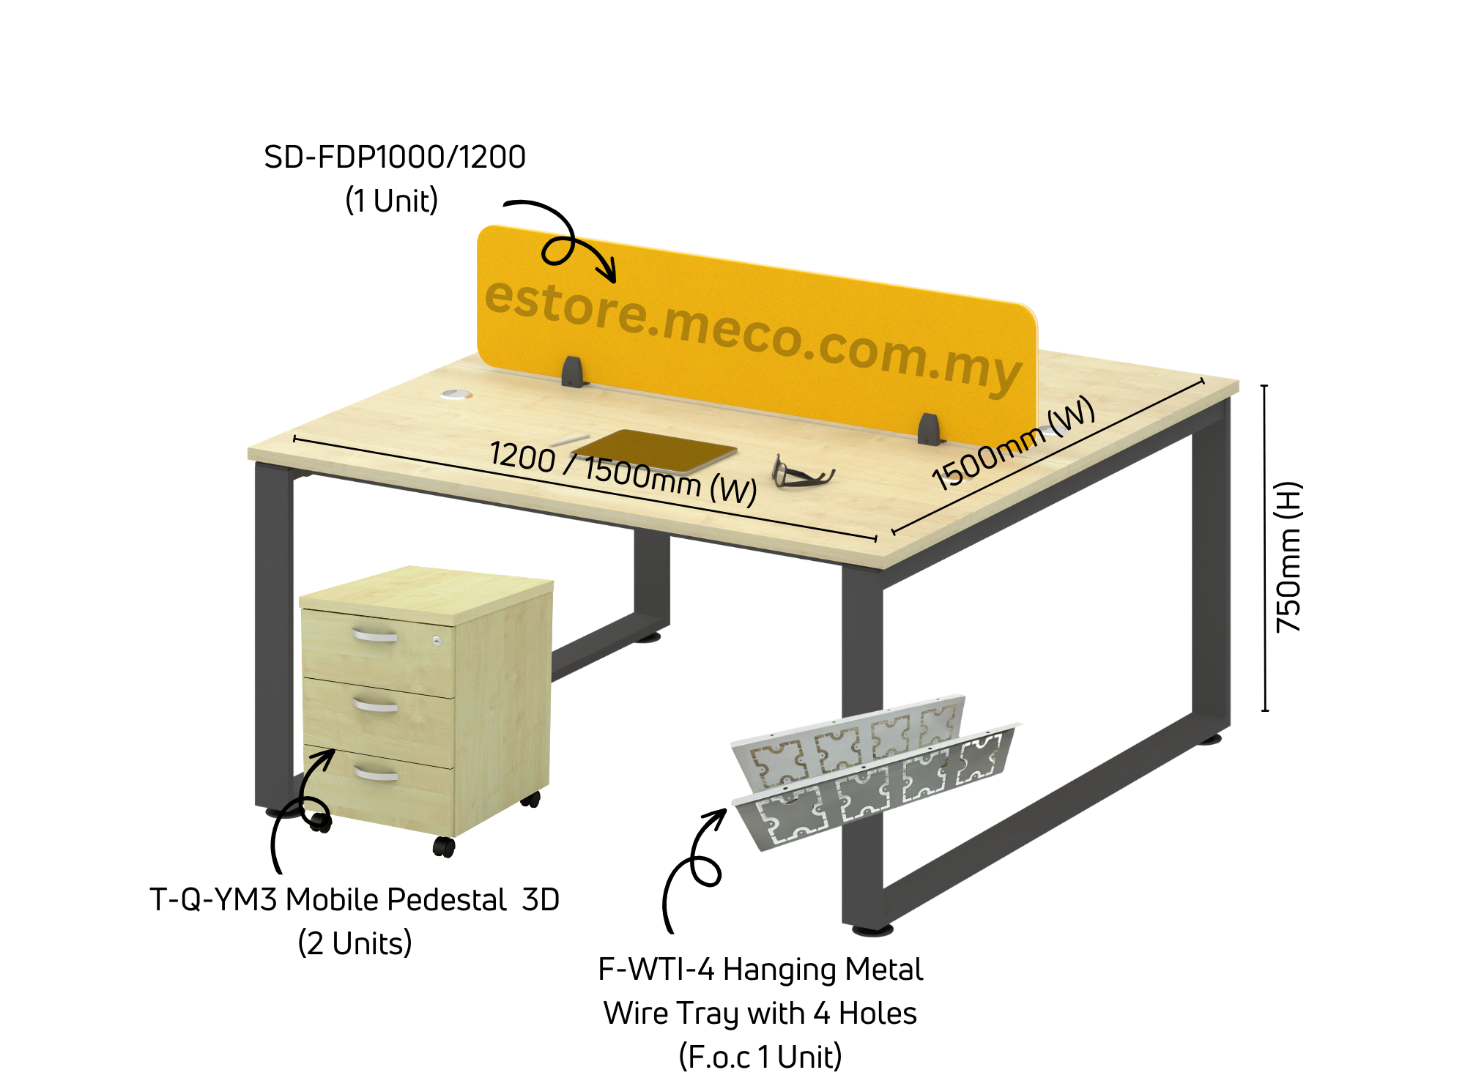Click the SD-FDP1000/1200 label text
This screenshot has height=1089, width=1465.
pyautogui.click(x=395, y=157)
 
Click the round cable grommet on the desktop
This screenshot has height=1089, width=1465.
pyautogui.click(x=456, y=395)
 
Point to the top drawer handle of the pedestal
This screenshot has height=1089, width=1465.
pyautogui.click(x=374, y=634)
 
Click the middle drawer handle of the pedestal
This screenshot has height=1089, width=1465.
pyautogui.click(x=375, y=705)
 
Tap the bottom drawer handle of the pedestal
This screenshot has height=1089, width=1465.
pyautogui.click(x=376, y=773)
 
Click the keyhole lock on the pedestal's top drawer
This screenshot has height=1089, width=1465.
pyautogui.click(x=437, y=641)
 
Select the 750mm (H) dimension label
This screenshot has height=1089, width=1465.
pyautogui.click(x=1289, y=557)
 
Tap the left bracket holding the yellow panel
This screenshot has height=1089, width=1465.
pyautogui.click(x=573, y=372)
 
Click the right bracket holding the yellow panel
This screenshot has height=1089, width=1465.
pyautogui.click(x=929, y=430)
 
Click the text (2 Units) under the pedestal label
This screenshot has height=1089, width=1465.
pyautogui.click(x=355, y=943)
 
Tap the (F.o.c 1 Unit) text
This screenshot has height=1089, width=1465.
pyautogui.click(x=760, y=1057)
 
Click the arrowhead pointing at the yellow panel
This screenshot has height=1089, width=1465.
pyautogui.click(x=607, y=272)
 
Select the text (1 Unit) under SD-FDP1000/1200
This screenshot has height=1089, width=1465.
pyautogui.click(x=392, y=201)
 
